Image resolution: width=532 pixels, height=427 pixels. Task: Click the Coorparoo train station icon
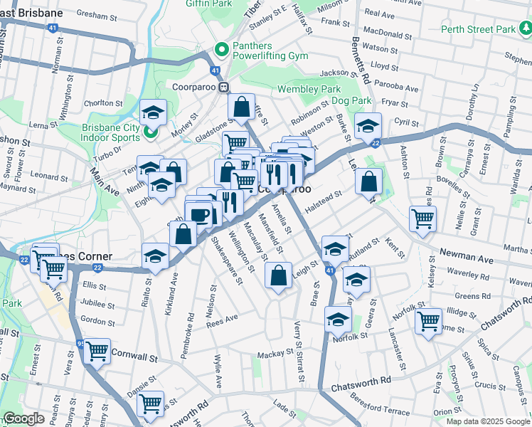point(223,87)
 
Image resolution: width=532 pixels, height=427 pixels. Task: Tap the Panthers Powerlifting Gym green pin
point(221,51)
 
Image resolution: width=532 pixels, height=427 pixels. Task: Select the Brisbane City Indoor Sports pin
point(151,132)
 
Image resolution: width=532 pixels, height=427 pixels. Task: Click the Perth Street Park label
point(477,29)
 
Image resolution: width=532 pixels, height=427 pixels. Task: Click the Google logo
point(23,418)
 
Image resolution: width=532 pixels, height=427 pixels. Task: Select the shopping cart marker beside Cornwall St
point(97,350)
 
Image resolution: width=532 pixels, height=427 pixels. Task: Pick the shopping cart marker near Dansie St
point(150,404)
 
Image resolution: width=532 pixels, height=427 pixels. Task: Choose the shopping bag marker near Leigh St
point(279,275)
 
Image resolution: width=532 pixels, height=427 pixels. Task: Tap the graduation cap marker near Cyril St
point(368,126)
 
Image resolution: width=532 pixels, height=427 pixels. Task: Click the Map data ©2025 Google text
point(487,421)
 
